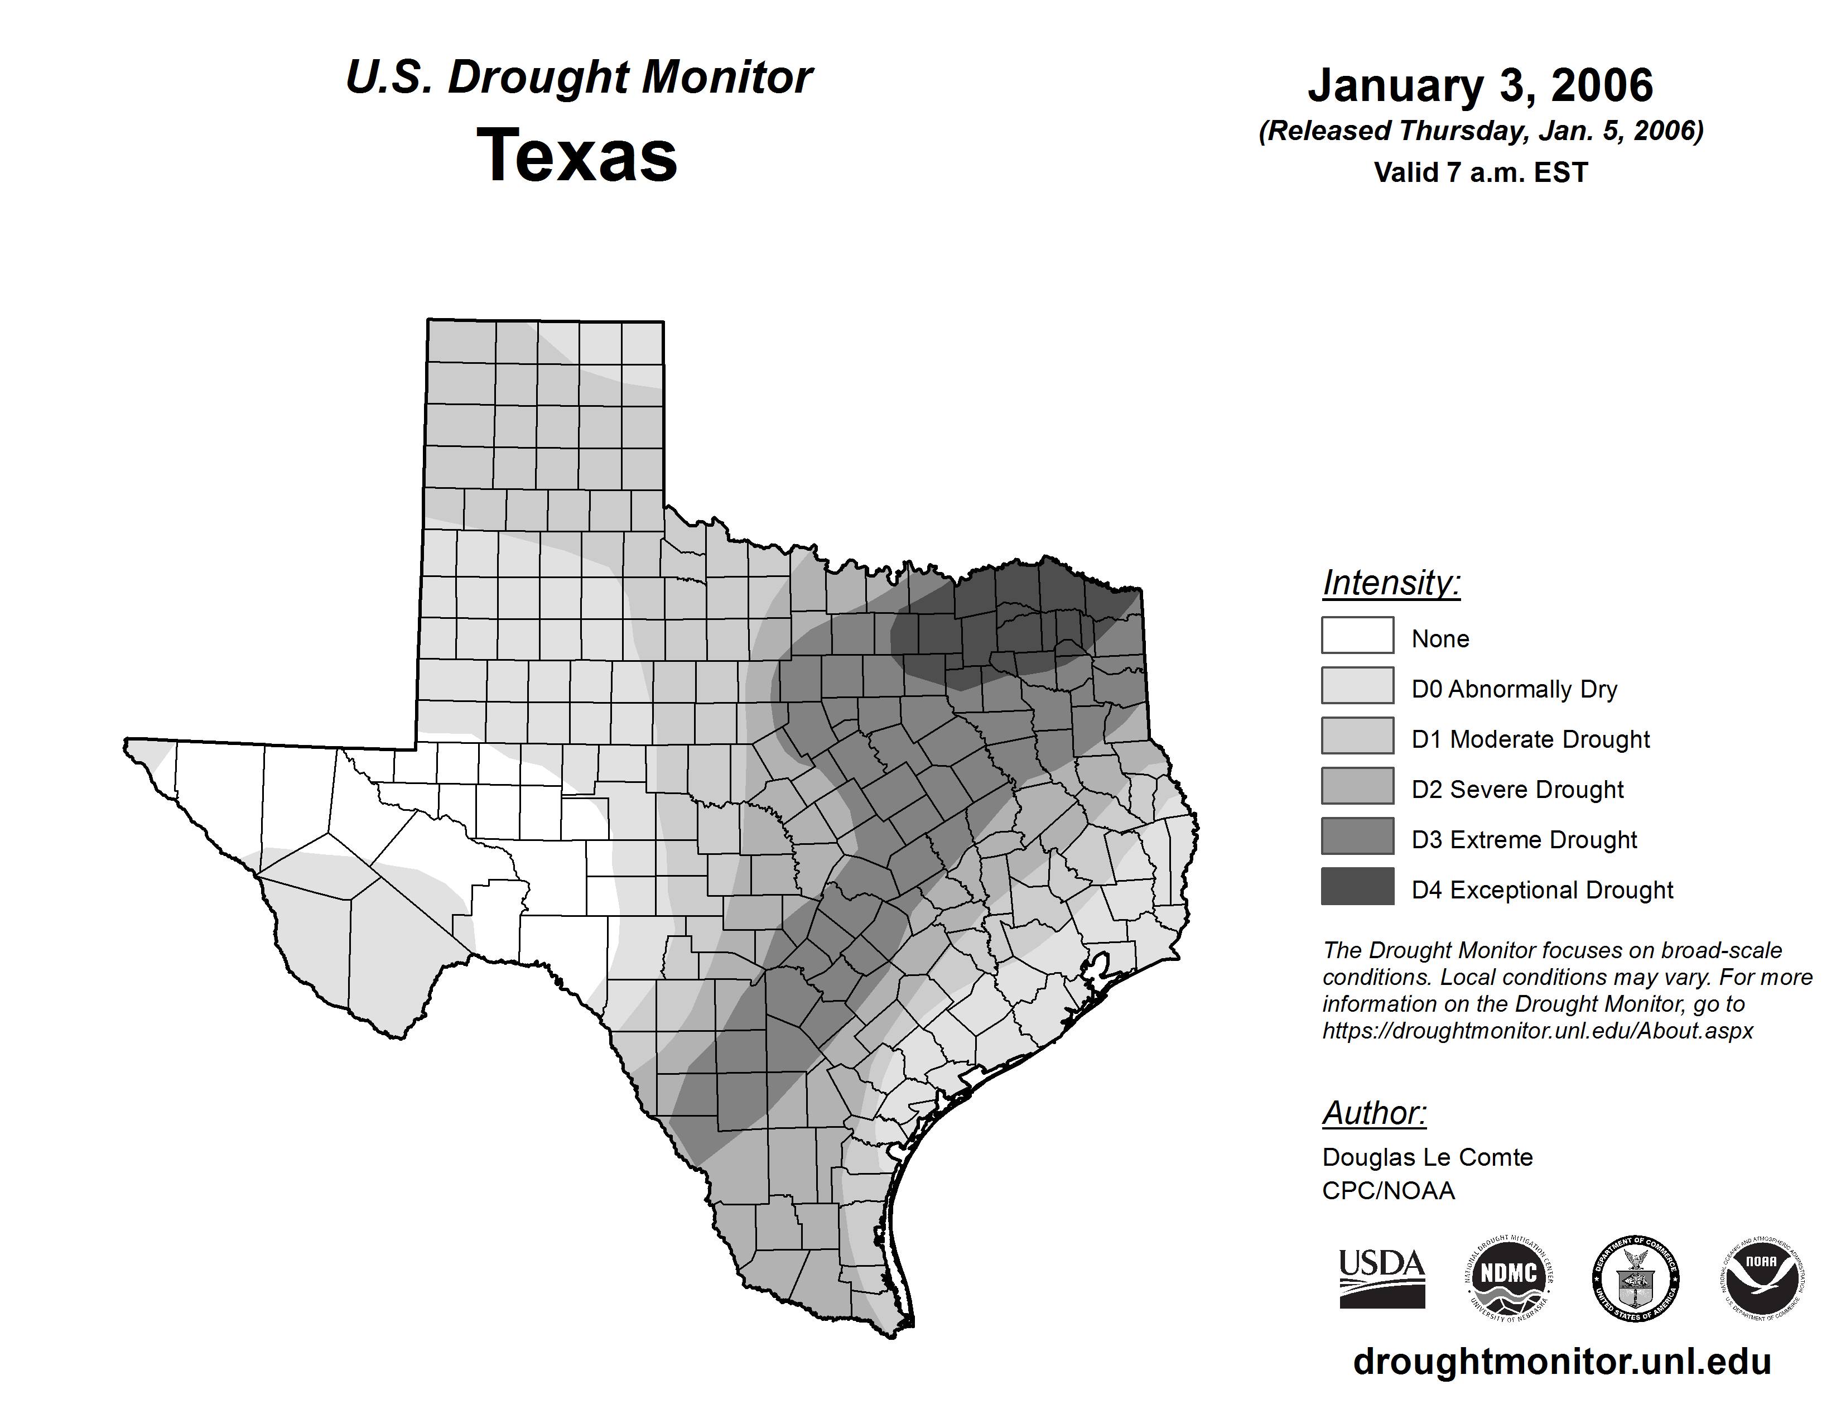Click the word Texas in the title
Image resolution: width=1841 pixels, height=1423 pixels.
click(x=577, y=156)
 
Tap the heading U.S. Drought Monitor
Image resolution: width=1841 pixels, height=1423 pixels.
click(x=579, y=78)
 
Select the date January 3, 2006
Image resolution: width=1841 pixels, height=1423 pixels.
click(x=1480, y=85)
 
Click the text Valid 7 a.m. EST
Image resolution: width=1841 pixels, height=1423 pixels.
click(x=1480, y=173)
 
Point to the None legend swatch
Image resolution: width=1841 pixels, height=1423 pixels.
click(x=1357, y=636)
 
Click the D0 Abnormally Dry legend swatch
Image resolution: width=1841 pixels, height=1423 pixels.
click(x=1357, y=685)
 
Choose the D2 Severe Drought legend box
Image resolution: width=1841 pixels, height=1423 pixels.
click(x=1357, y=786)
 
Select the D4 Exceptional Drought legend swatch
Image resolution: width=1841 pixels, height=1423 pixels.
click(x=1357, y=887)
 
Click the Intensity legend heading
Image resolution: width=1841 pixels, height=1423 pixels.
click(x=1391, y=583)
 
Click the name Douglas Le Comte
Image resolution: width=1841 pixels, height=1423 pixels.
click(x=1427, y=1157)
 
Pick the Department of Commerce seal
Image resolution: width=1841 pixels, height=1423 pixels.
click(x=1635, y=1278)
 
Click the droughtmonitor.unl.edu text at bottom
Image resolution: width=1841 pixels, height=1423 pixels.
click(x=1562, y=1362)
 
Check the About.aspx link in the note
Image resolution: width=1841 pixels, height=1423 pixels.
click(x=1538, y=1031)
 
